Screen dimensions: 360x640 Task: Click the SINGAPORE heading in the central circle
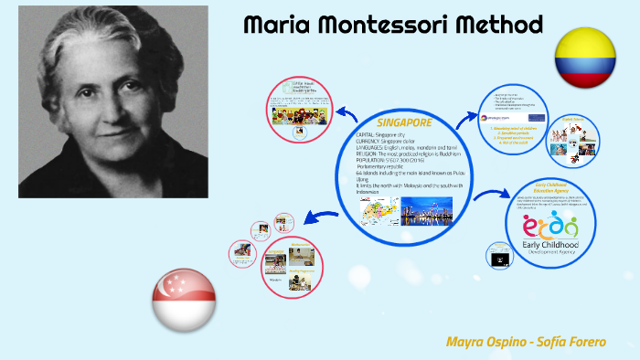(404, 122)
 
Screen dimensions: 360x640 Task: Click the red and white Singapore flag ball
(184, 302)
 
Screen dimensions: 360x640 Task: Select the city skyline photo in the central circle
(426, 212)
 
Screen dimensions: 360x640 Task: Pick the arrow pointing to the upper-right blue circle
(468, 116)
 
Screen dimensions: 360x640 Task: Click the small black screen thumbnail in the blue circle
(498, 259)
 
